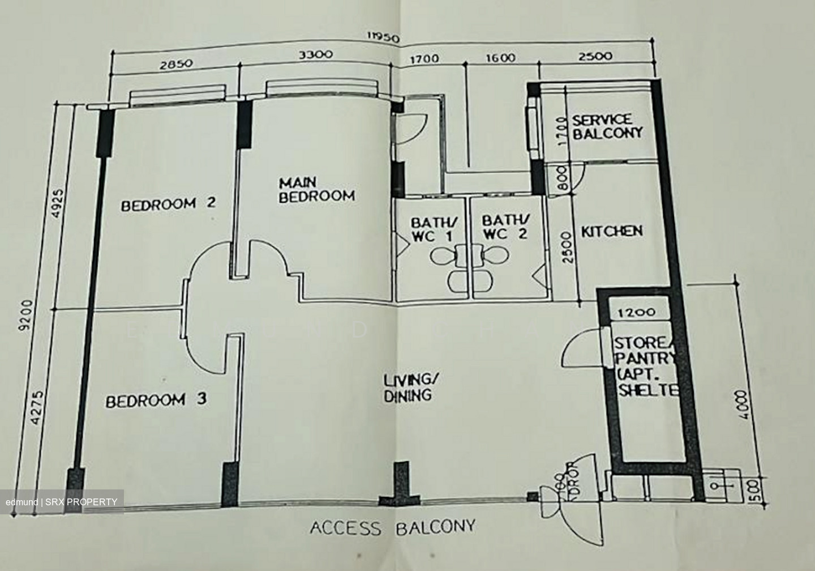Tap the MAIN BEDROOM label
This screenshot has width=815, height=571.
coord(316,190)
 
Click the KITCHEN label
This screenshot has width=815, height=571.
coord(612,231)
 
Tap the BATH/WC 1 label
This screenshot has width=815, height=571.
coord(431,228)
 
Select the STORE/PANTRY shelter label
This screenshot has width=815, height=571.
coord(645,367)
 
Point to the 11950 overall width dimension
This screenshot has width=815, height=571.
coord(384,39)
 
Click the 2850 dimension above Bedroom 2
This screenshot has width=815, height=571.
coord(176,63)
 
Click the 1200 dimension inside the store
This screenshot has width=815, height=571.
coord(637,312)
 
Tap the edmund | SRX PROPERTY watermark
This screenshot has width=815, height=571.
coord(62,502)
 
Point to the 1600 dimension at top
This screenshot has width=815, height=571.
coord(500,58)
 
